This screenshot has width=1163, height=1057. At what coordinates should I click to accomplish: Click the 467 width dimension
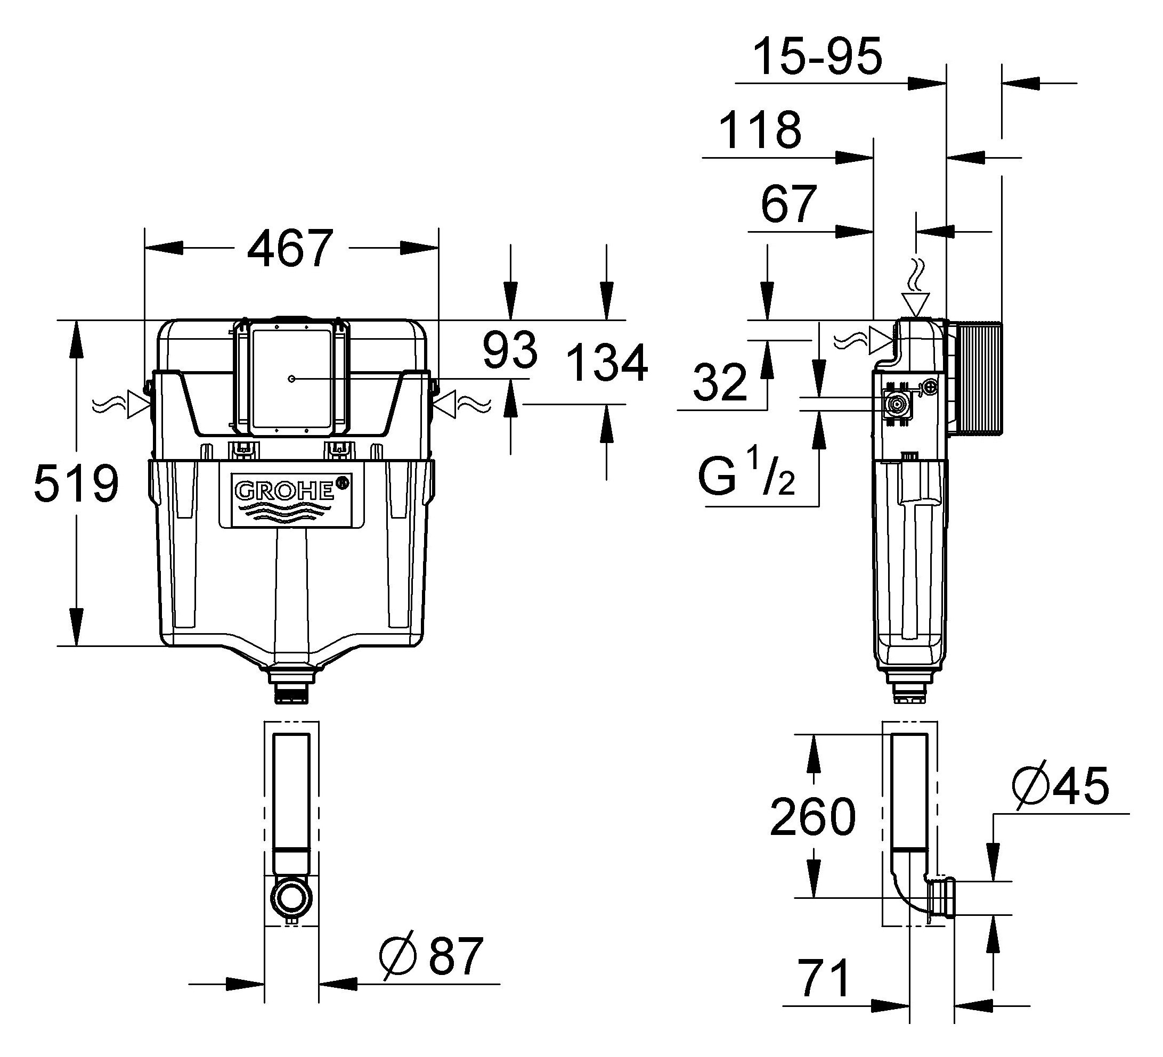(290, 249)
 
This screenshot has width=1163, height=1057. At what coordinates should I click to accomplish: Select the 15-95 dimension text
(818, 56)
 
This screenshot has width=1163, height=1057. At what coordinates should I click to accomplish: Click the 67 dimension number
(788, 204)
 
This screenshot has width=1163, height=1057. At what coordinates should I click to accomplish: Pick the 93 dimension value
(510, 350)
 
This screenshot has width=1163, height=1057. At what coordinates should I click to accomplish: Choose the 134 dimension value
(607, 363)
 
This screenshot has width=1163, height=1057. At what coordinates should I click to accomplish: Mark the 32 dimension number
(720, 382)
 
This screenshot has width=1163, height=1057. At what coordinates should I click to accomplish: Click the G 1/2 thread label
(746, 473)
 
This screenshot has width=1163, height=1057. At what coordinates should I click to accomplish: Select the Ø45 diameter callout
(1060, 785)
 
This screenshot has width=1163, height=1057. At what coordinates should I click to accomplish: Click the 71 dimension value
(824, 978)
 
